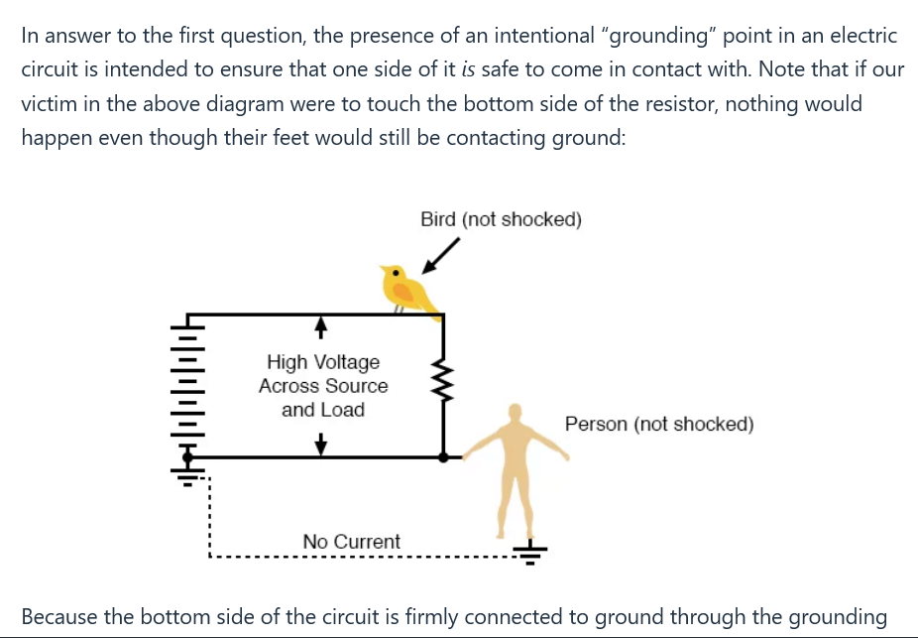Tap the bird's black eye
(396, 273)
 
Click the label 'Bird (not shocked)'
(502, 219)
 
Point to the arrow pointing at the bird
(440, 255)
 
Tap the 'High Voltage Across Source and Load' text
(323, 386)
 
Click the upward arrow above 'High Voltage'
(321, 328)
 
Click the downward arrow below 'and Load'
(321, 444)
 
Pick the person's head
(516, 413)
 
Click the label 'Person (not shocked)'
(659, 424)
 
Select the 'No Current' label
(351, 542)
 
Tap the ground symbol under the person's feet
(529, 553)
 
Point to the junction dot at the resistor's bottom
(444, 457)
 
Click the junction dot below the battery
(187, 457)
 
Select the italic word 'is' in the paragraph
(468, 69)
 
